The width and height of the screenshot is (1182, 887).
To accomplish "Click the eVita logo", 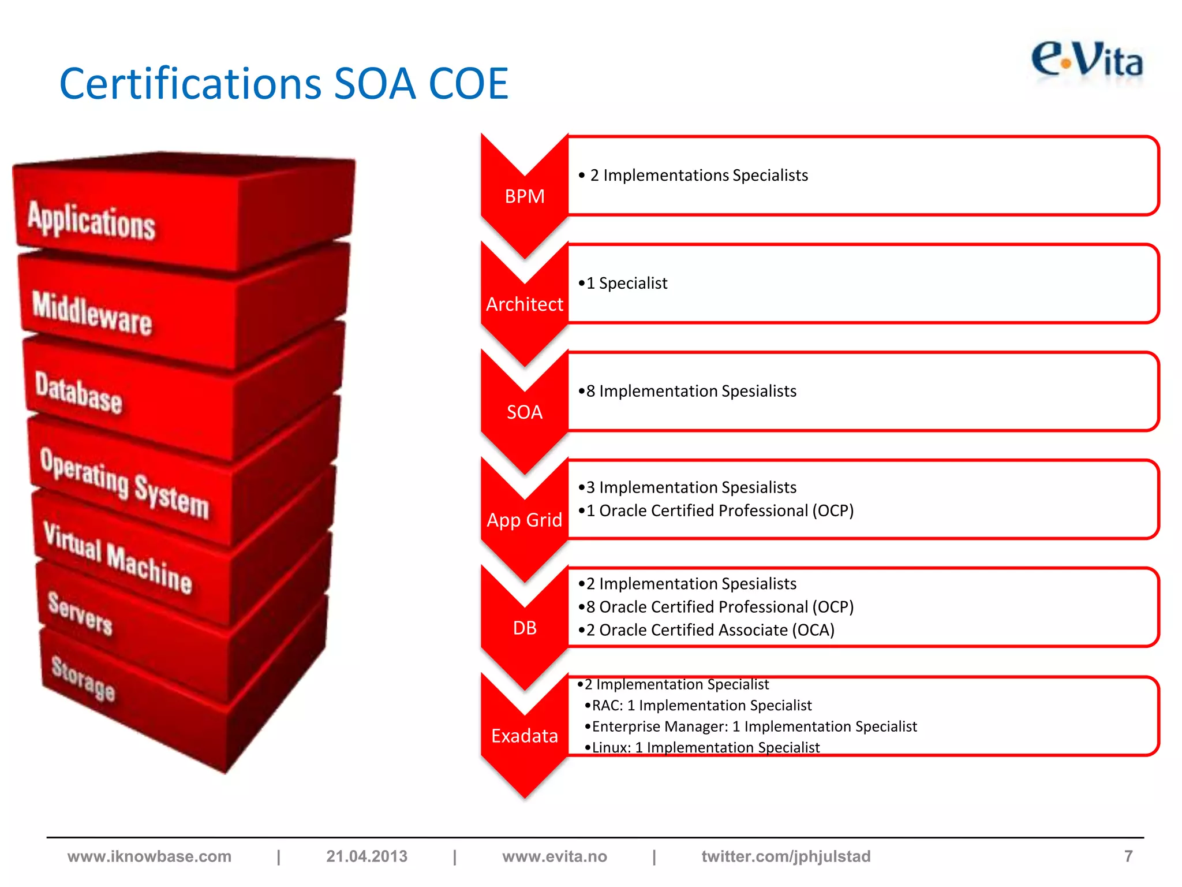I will [1086, 61].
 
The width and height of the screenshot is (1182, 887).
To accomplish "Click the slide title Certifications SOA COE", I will [283, 84].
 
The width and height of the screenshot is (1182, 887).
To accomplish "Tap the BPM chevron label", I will [524, 196].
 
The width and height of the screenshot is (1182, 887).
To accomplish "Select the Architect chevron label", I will [524, 304].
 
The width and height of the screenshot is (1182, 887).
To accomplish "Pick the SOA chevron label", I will [524, 412].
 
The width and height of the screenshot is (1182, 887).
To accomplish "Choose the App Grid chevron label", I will [524, 520].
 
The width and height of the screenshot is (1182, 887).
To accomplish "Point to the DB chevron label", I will [524, 628].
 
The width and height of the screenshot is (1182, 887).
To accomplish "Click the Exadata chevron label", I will [524, 736].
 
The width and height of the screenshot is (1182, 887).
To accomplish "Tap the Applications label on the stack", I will [92, 221].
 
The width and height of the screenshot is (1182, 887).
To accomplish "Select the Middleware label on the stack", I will [92, 313].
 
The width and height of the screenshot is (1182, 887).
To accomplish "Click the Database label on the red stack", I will [78, 393].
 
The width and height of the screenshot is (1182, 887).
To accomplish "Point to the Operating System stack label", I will [124, 483].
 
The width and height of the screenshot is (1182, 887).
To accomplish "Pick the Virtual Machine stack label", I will [118, 558].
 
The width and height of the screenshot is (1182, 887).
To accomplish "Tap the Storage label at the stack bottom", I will [83, 677].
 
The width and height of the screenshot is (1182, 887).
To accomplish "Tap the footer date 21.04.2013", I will [366, 856].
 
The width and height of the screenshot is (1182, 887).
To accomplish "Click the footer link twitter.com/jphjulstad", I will [785, 856].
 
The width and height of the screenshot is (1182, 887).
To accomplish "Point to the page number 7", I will [1128, 856].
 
